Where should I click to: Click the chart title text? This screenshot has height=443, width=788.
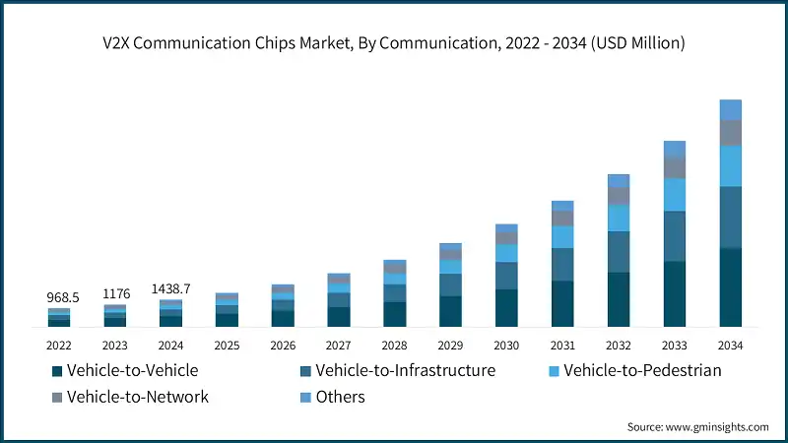[394, 42]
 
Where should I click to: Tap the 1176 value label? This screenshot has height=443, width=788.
[115, 293]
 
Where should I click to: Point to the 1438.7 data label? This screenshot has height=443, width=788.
[170, 288]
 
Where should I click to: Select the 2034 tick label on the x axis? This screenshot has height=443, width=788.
[730, 346]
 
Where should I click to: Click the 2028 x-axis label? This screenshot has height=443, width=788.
[394, 346]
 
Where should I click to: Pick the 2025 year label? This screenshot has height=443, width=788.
[227, 346]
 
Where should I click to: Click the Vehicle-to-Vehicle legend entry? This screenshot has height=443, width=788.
[132, 371]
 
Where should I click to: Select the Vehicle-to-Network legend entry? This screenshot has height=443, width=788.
[137, 397]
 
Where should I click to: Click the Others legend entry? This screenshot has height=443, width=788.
[341, 397]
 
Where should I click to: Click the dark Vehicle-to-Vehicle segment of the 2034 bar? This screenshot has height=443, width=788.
[730, 286]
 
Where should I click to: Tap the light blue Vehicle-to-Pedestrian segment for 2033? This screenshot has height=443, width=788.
[674, 194]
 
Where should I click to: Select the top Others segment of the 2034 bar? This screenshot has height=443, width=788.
[730, 109]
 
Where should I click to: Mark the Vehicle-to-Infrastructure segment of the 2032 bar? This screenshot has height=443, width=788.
[618, 251]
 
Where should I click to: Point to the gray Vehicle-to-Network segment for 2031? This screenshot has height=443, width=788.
[562, 219]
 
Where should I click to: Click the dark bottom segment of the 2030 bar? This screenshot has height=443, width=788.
[506, 307]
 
